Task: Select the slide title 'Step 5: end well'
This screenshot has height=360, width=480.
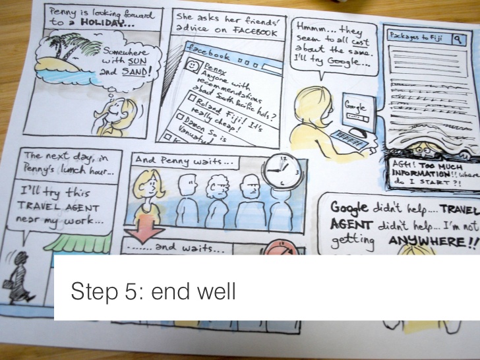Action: click(x=152, y=291)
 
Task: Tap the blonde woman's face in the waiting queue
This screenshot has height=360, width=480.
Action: click(x=151, y=185)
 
